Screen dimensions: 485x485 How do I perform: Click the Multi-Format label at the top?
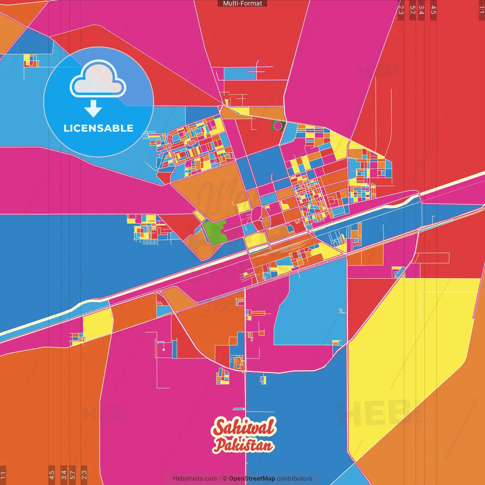click(242, 3)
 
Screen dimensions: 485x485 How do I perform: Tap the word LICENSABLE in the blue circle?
click(99, 128)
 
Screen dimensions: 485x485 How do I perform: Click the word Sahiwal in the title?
click(244, 427)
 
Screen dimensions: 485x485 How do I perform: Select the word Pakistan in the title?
click(244, 445)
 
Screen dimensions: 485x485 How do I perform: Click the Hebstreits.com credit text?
click(195, 479)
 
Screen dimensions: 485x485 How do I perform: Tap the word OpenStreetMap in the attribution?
click(252, 479)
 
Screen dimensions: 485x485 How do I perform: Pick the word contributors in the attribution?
click(294, 479)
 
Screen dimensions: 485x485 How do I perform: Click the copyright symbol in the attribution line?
click(225, 479)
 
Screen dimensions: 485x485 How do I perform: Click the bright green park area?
click(215, 232)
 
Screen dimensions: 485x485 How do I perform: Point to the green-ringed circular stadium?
click(278, 125)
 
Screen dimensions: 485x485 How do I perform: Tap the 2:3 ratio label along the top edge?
click(401, 10)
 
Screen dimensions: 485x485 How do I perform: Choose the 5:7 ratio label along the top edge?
click(412, 10)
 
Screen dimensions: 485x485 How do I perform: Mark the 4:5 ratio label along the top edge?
click(433, 10)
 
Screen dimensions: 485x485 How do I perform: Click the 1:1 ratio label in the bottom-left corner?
click(3, 474)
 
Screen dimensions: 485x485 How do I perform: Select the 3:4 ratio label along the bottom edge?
click(64, 474)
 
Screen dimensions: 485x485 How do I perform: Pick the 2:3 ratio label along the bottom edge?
click(84, 474)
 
